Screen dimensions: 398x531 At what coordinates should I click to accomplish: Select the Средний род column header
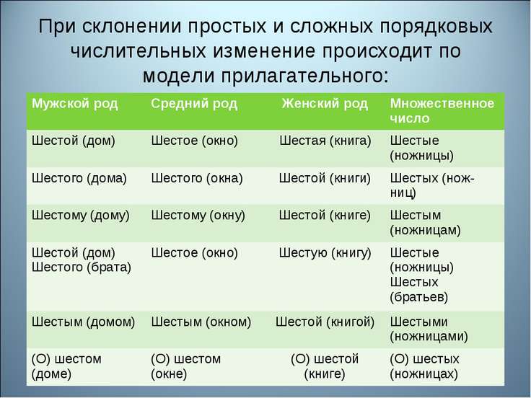[194, 103]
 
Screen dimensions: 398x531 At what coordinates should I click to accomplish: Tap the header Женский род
[325, 103]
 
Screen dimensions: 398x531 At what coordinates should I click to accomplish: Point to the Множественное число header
[442, 110]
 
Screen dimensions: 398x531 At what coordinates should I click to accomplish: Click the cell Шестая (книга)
[325, 139]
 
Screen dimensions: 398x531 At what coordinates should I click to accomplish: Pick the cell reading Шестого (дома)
[79, 178]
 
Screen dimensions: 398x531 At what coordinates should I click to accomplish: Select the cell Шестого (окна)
[197, 178]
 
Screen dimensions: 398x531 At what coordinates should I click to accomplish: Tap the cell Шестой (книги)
[325, 178]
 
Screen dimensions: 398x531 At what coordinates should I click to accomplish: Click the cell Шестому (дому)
[80, 216]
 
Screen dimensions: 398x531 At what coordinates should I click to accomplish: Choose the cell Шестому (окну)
[198, 216]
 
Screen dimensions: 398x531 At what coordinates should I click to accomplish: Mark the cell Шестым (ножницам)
[425, 223]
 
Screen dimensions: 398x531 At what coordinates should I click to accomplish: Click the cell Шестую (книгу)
[325, 253]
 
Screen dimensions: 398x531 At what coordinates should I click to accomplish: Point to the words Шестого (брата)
[82, 267]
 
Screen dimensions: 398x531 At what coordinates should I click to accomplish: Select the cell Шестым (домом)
[83, 322]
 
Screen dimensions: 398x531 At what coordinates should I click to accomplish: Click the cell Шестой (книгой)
[325, 322]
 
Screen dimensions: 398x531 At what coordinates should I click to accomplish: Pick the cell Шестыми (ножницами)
[429, 329]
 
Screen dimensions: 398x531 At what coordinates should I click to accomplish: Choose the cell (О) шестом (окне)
[186, 366]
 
